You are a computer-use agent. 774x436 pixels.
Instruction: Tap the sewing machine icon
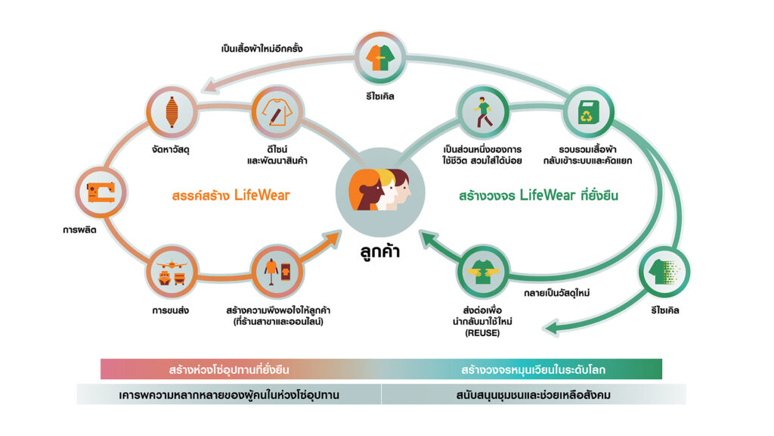pyautogui.click(x=101, y=191)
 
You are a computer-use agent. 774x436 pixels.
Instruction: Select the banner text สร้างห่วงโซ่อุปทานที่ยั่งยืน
pyautogui.click(x=229, y=370)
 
